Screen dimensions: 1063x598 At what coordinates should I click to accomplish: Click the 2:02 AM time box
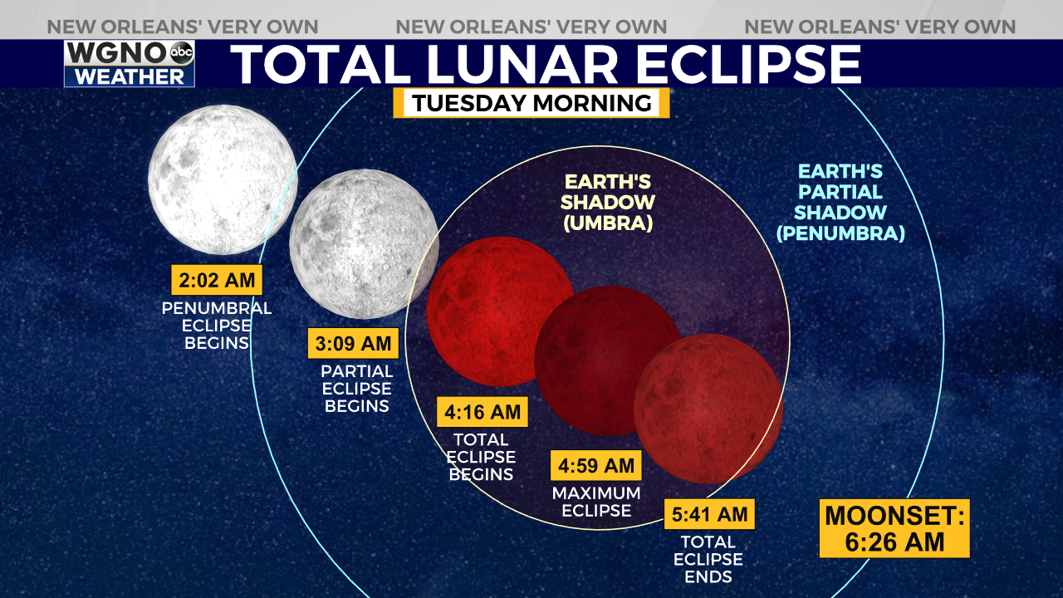point(217,280)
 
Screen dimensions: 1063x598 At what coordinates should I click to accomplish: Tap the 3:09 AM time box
point(353,343)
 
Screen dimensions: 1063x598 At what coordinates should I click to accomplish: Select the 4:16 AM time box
point(483,412)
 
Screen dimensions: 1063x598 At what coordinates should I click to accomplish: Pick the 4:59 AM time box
point(596,466)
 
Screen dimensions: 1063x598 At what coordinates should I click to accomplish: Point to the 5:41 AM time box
point(709,514)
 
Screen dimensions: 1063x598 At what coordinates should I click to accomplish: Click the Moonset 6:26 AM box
point(894,529)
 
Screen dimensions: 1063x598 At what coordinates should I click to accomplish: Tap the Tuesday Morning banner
point(531,103)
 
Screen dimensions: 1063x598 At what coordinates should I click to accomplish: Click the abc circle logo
point(182,52)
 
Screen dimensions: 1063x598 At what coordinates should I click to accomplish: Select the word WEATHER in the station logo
point(130,76)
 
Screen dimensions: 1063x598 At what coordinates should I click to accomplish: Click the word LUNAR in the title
point(522,64)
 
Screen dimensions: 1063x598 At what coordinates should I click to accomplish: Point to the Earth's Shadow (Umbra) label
point(608,203)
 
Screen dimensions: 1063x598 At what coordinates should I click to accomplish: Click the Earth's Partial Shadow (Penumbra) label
point(840,202)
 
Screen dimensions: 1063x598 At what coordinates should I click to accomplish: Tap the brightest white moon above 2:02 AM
point(223,179)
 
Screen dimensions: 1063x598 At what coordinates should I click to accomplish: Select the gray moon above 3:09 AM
point(364,244)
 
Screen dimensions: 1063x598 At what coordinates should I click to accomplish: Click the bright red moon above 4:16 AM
point(501,311)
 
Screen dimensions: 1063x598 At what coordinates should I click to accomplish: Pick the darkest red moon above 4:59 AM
point(609,360)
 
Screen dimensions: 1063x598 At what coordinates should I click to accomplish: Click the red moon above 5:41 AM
point(708,409)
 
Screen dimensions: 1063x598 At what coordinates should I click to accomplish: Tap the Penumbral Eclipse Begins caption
point(217,326)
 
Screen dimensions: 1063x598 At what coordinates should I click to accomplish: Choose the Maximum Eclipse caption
point(596,502)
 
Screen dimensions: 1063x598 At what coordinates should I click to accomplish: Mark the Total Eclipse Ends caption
point(708,559)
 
